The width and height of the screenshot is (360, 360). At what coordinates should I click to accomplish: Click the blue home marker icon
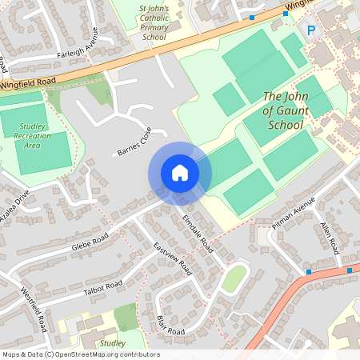pyautogui.click(x=180, y=173)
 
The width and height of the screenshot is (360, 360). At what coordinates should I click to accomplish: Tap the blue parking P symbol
pyautogui.click(x=311, y=30)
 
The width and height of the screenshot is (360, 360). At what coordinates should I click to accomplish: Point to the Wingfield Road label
pyautogui.click(x=28, y=81)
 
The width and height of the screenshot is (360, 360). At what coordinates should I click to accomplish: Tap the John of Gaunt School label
pyautogui.click(x=284, y=111)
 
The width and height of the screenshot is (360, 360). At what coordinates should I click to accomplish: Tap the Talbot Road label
pyautogui.click(x=103, y=289)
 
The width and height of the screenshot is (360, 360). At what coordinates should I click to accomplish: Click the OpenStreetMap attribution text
pyautogui.click(x=81, y=354)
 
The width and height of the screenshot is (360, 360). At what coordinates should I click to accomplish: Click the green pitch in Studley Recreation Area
pyautogui.click(x=36, y=152)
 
